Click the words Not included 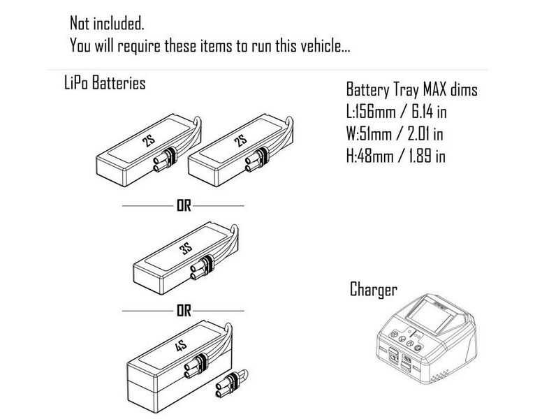coord(107,23)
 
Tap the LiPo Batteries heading coord(104,83)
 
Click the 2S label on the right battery coord(242,142)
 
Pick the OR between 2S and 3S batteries coord(183,206)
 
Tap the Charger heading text coord(374,289)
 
